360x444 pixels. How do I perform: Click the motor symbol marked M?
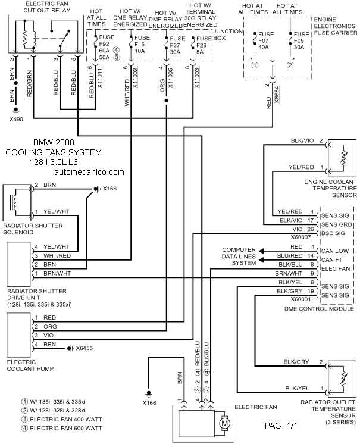tap(225, 424)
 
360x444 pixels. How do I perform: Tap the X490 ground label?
tap(16, 120)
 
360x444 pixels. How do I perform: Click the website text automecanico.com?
tap(89, 172)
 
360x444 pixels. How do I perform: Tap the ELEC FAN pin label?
tap(336, 268)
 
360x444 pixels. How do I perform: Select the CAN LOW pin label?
tap(335, 251)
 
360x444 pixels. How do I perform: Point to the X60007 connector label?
tap(301, 237)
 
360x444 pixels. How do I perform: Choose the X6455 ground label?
tap(84, 348)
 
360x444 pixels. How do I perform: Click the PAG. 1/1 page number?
tap(281, 426)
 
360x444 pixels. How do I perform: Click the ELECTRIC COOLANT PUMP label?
tap(30, 365)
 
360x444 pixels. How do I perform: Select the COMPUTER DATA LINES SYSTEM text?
tap(239, 257)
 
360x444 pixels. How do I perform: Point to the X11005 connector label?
tap(170, 78)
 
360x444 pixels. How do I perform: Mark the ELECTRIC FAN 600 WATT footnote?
tap(62, 428)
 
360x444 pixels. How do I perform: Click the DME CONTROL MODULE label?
tap(320, 309)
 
